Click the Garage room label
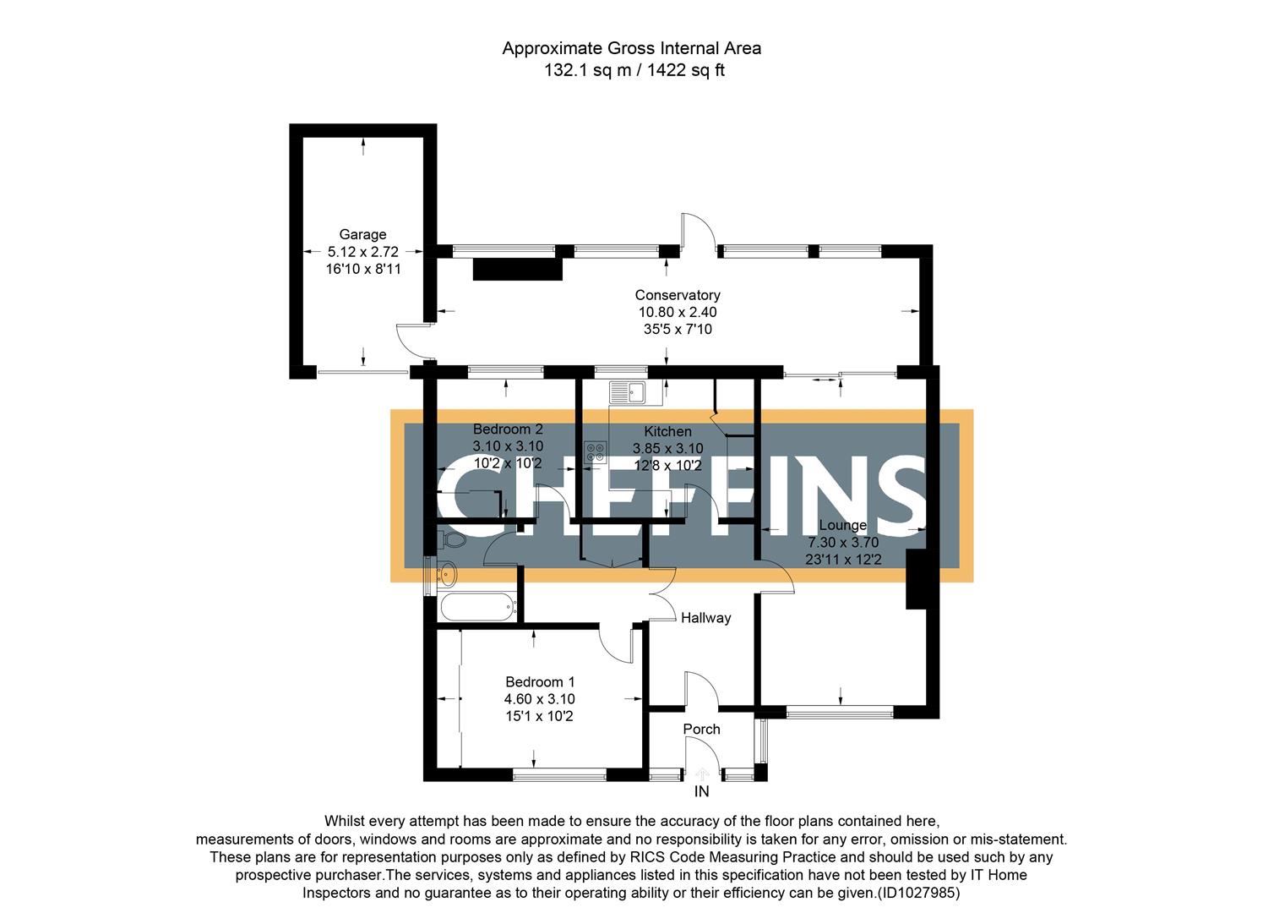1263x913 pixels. pos(362,234)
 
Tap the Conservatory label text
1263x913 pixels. pos(677,295)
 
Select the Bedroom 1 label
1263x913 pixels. pos(539,681)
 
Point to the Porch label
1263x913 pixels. pos(701,729)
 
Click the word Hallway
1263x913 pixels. pos(705,618)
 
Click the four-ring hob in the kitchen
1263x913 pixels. pos(595,451)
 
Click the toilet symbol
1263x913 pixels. pos(449,539)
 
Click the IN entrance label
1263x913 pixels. pos(701,792)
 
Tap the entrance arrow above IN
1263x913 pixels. pos(702,774)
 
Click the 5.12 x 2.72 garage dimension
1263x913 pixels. pos(362,251)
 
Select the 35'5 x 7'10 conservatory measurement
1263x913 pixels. pos(677,329)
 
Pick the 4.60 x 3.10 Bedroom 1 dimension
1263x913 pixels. pos(539,699)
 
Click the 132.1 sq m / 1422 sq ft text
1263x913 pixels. pos(633,70)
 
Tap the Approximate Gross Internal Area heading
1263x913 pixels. pos(631,48)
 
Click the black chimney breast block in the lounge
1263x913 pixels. pos(917,579)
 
